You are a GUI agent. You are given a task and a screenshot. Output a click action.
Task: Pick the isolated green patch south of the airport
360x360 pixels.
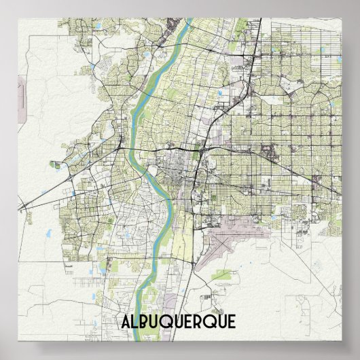224,275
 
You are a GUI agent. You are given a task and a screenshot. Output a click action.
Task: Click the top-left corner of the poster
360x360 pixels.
17,17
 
